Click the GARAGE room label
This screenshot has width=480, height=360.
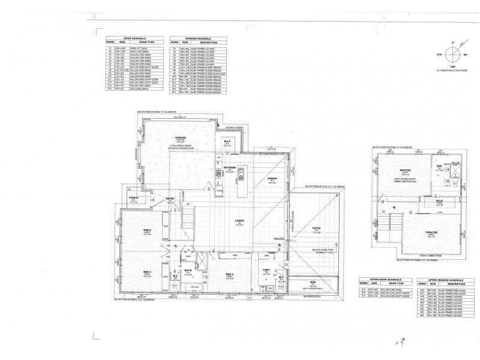click(x=179, y=137)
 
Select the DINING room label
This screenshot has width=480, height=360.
click(x=272, y=178)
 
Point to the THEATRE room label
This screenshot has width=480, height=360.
click(x=414, y=232)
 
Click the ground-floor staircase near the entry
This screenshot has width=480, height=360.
click(x=190, y=211)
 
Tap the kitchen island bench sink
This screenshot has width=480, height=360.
click(x=240, y=175)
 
